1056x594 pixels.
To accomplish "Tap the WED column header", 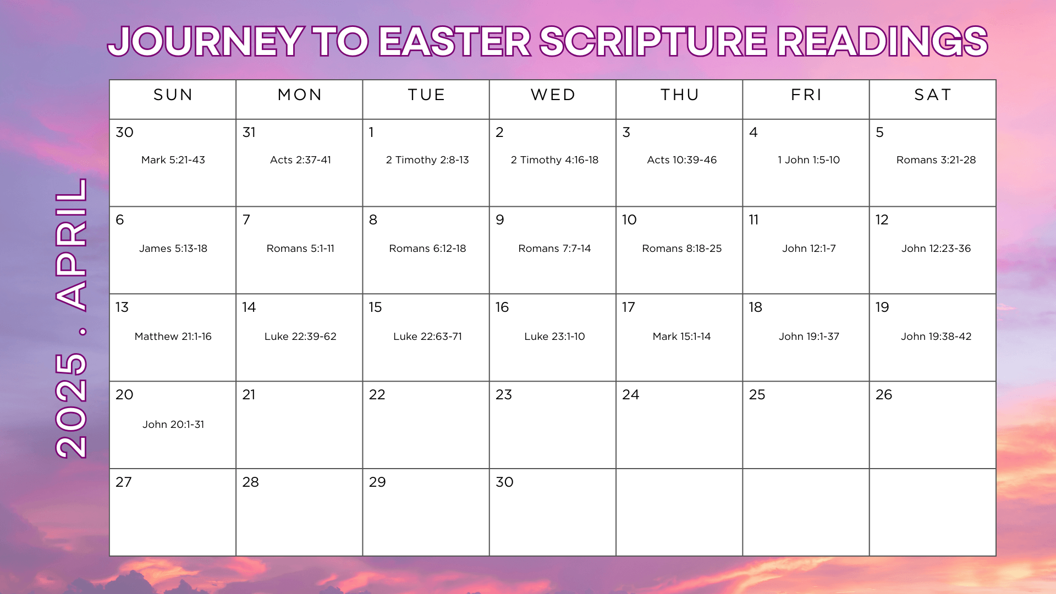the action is coord(553,95).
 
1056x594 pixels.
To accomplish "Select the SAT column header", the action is coord(933,95).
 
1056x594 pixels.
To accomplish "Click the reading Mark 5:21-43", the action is coord(173,160).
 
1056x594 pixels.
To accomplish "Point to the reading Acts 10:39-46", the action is coord(682,160).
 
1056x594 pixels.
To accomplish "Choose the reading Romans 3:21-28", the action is coord(936,160).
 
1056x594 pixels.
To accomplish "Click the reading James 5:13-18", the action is coord(173,249).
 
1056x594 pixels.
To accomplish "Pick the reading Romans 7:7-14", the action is coord(554,249).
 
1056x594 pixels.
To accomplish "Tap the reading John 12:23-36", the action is coord(936,249).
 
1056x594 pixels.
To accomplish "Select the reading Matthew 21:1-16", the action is coord(173,337).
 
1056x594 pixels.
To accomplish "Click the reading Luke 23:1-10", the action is coord(554,337).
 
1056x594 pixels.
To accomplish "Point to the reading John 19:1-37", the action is coord(809,337).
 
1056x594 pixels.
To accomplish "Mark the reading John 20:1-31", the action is coord(173,425).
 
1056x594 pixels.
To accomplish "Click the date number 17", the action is coord(629,307).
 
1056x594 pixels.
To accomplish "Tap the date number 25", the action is coord(757,395).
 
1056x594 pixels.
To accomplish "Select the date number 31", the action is coord(249,133).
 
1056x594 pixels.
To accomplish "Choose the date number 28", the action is coord(250,482).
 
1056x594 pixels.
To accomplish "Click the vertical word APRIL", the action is coord(71,244).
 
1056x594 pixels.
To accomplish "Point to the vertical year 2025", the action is coord(71,406).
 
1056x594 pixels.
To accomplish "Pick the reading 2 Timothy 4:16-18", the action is coord(554,160).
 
